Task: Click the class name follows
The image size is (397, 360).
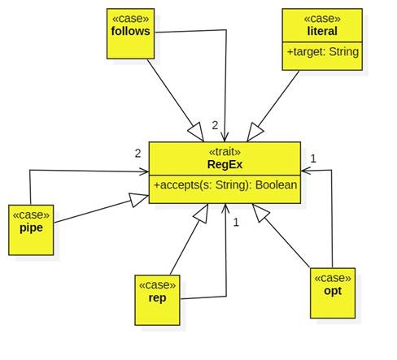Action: click(130, 31)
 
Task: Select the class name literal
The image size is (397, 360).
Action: click(322, 31)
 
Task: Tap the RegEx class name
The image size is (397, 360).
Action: click(225, 164)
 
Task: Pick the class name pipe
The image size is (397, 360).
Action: click(31, 228)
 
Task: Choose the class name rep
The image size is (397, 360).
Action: click(157, 298)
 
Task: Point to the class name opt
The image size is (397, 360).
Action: click(333, 291)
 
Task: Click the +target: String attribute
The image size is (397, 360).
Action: click(323, 52)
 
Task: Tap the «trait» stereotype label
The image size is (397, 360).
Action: click(225, 152)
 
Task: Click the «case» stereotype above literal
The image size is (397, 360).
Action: click(322, 19)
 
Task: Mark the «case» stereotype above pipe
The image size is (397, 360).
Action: click(31, 215)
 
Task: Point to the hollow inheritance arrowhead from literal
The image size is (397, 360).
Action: click(255, 132)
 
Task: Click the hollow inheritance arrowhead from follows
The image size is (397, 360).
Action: click(196, 132)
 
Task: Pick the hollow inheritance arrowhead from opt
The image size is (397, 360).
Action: click(260, 213)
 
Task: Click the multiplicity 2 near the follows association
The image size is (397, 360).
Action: click(215, 125)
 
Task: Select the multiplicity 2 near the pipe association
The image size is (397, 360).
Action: click(137, 154)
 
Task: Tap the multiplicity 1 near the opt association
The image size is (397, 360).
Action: click(313, 158)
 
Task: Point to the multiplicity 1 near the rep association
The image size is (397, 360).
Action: click(236, 223)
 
